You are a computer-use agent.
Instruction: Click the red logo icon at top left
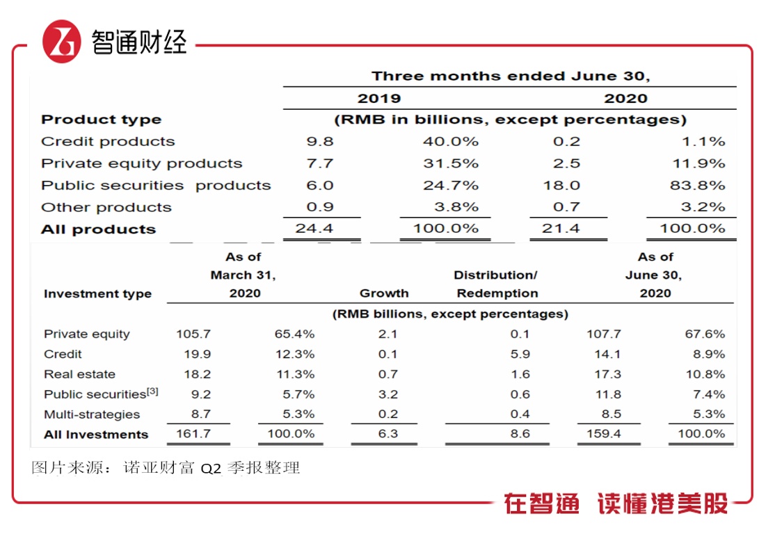pos(62,41)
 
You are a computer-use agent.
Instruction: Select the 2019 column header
pos(379,98)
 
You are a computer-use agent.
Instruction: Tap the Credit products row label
pos(108,142)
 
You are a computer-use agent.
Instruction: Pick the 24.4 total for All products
pos(319,229)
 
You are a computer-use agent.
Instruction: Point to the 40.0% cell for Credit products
pos(451,142)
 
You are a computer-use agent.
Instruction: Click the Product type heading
pos(101,120)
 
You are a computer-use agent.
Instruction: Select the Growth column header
pos(384,293)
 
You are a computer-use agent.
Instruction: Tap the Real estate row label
pos(79,374)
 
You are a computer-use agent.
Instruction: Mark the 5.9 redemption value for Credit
pos(520,355)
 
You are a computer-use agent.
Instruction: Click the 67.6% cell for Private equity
pos(705,334)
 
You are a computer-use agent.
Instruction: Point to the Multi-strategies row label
pos(92,414)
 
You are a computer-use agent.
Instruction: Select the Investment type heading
pos(97,293)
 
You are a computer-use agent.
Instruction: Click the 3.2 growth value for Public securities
pos(388,394)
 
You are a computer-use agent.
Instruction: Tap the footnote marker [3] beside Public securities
pos(152,391)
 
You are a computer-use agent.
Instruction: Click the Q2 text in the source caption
pos(211,468)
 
